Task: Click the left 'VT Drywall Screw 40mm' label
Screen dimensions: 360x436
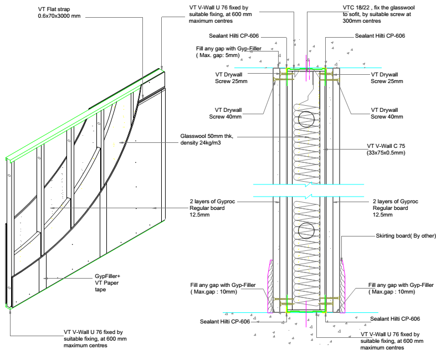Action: coord(233,114)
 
